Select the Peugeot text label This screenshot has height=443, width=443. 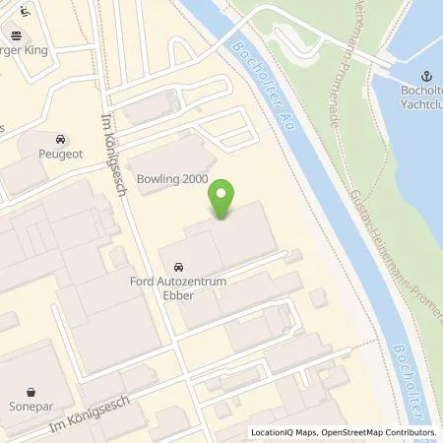coord(61,156)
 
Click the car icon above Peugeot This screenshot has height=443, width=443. coord(61,140)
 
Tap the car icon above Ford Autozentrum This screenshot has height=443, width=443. coord(178,268)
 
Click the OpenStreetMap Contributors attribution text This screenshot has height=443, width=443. coord(373,433)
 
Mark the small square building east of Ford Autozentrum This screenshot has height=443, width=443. coord(317,296)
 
